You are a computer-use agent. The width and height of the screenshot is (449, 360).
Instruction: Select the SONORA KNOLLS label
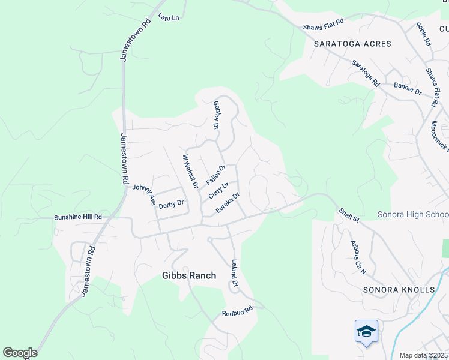399,290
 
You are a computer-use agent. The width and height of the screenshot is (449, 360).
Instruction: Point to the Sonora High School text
413,215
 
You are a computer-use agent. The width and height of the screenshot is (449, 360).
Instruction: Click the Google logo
20,353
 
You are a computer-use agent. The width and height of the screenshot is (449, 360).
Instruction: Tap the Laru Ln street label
169,17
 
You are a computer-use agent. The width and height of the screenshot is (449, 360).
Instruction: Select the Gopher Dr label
217,115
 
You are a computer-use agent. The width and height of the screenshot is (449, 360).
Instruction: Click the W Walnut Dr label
190,172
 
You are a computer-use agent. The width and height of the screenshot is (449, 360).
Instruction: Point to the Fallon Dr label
215,175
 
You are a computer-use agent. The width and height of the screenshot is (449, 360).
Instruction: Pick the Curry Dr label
218,191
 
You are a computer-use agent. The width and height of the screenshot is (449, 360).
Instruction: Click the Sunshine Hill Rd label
78,217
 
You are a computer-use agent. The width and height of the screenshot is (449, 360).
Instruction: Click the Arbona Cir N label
358,257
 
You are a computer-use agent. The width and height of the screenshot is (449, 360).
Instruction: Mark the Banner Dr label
408,88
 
